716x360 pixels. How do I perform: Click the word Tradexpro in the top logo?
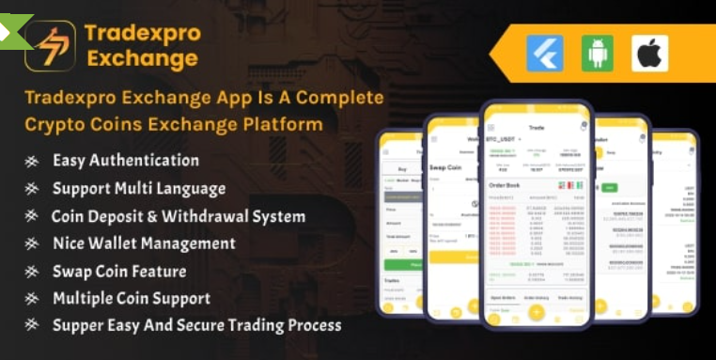(142, 33)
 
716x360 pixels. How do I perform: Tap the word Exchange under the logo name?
(141, 58)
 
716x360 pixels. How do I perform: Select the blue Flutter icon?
(545, 53)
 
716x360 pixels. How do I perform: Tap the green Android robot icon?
(598, 53)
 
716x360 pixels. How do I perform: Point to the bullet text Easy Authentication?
(126, 160)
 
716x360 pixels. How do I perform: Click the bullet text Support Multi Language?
(139, 188)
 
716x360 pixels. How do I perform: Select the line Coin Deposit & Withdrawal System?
(179, 216)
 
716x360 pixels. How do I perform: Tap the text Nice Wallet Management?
(144, 243)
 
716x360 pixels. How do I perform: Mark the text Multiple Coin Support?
(132, 299)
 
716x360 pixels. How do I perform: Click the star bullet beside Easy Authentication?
(32, 161)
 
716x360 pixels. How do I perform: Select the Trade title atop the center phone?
(537, 125)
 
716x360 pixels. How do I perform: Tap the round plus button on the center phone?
(537, 313)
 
